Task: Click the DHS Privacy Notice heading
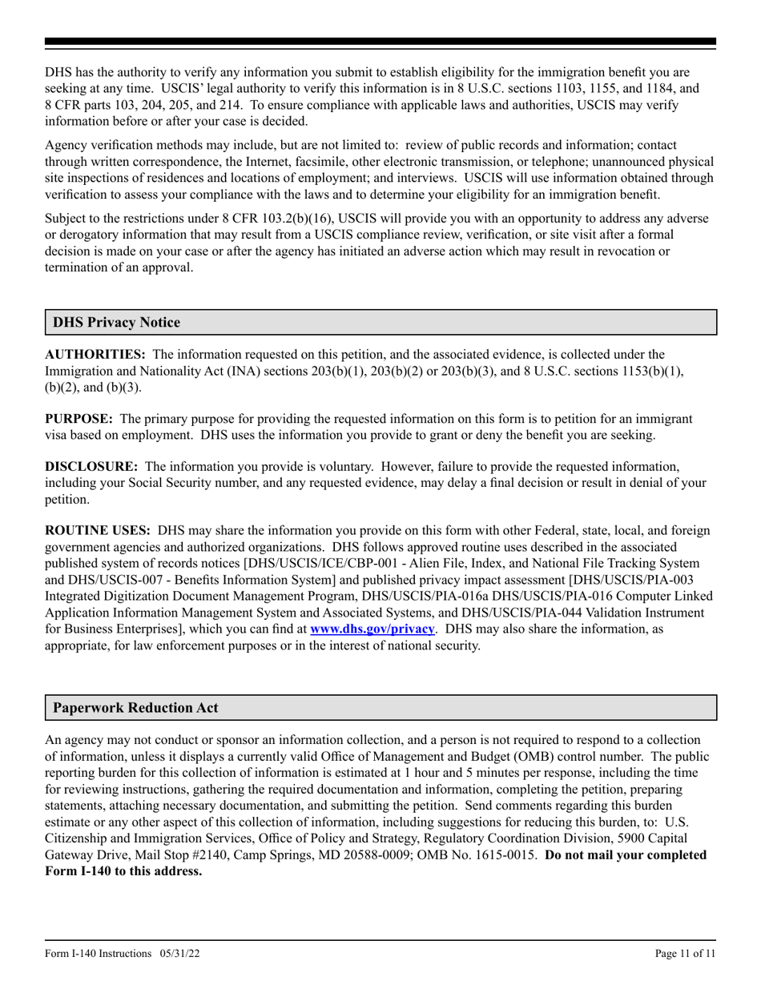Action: (116, 323)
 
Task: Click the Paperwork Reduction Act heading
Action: (135, 708)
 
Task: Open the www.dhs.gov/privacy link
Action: (372, 629)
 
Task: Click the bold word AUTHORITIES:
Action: (95, 354)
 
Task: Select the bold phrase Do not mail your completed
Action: (626, 855)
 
